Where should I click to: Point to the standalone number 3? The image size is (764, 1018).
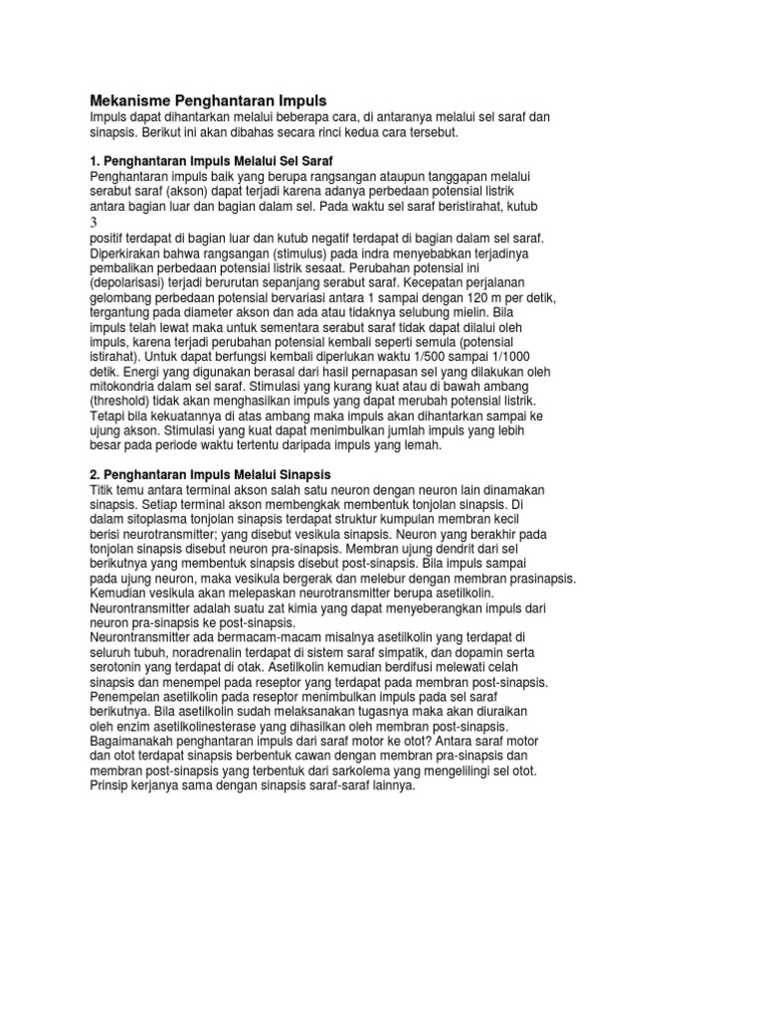point(94,223)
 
